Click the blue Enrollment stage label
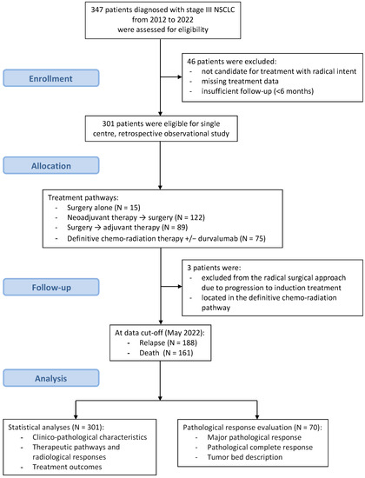(x=53, y=78)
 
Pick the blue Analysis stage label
(x=53, y=374)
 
